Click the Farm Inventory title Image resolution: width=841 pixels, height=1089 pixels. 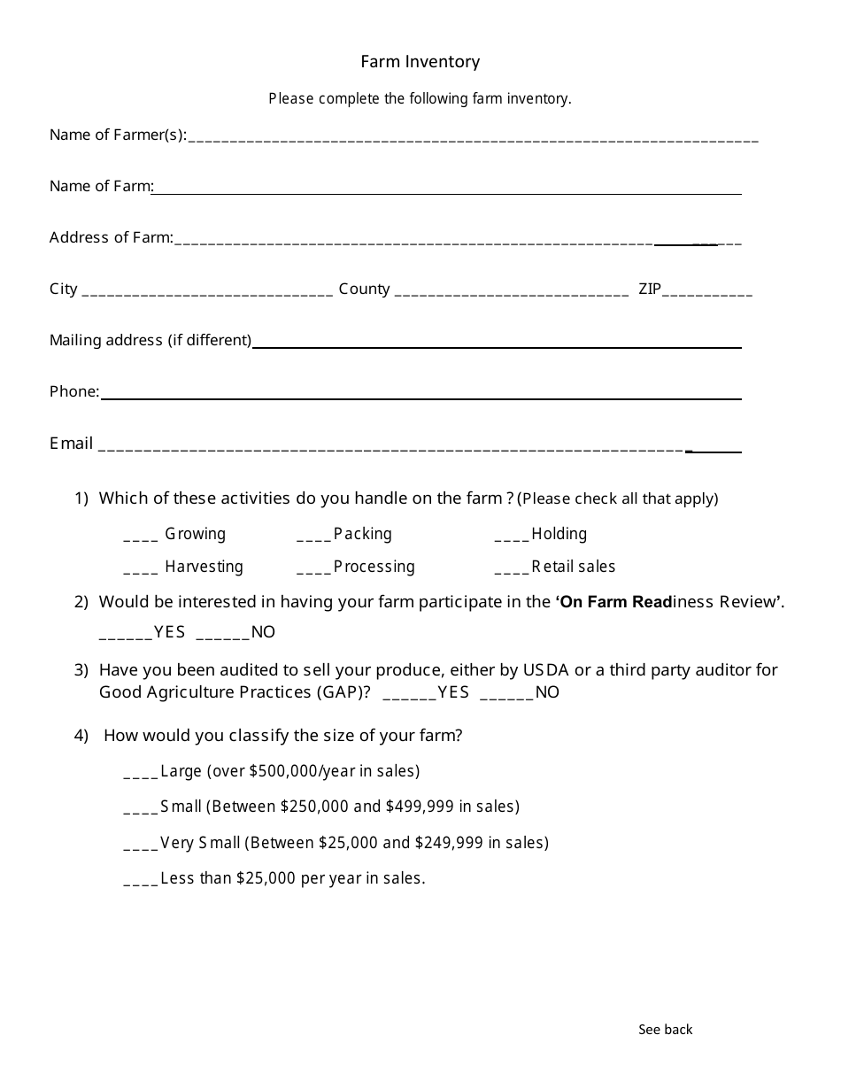420,61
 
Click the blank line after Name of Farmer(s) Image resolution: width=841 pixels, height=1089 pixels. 473,138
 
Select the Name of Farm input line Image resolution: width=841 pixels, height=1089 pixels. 447,190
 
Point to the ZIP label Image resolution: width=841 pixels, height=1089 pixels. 650,289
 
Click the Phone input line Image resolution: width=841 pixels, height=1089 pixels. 420,396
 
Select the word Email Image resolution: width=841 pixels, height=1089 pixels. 71,444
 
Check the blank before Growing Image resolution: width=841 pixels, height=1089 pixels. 141,537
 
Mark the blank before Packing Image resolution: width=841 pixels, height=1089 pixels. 313,537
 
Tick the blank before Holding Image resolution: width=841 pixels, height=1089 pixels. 512,537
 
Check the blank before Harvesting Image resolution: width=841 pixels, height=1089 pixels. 141,570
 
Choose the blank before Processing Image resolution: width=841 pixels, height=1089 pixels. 313,570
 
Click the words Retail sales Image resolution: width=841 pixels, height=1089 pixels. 573,567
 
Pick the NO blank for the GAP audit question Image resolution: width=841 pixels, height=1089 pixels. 506,696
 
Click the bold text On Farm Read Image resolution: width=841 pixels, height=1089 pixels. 616,602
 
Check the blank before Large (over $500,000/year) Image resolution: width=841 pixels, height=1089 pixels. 141,775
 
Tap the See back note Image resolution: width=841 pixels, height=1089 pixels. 666,1029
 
